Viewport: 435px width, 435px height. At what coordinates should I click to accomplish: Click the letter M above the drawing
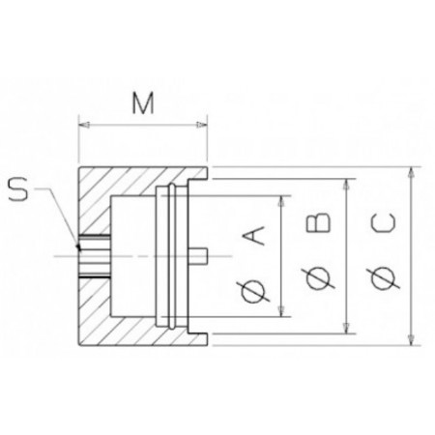[x=143, y=103]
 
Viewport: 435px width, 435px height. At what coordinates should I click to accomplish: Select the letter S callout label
[x=18, y=189]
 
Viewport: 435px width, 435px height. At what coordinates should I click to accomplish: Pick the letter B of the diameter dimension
[x=318, y=222]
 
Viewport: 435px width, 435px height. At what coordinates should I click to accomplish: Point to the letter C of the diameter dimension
[x=383, y=223]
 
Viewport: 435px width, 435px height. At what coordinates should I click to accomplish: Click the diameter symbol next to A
[x=254, y=292]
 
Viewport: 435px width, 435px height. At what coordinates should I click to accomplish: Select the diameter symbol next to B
[x=318, y=277]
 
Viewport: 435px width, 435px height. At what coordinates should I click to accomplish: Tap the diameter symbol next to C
[x=384, y=278]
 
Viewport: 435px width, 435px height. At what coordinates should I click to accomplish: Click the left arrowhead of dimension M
[x=84, y=125]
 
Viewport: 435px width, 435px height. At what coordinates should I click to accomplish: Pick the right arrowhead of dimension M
[x=202, y=125]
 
